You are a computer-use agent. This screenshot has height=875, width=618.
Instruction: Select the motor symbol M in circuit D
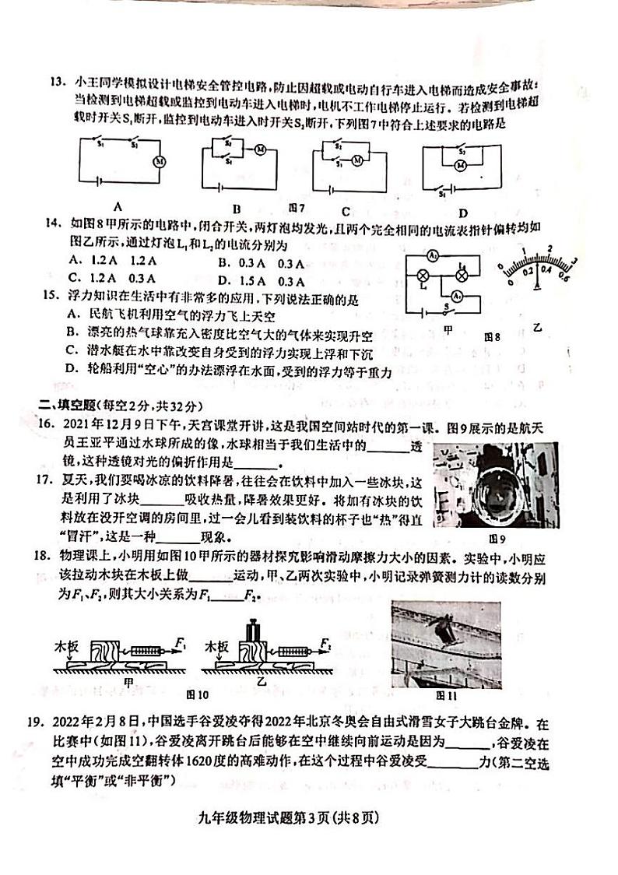click(x=460, y=166)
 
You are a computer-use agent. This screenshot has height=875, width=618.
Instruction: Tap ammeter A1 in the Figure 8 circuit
click(x=459, y=295)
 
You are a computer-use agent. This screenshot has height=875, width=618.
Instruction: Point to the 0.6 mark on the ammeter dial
click(x=564, y=278)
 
